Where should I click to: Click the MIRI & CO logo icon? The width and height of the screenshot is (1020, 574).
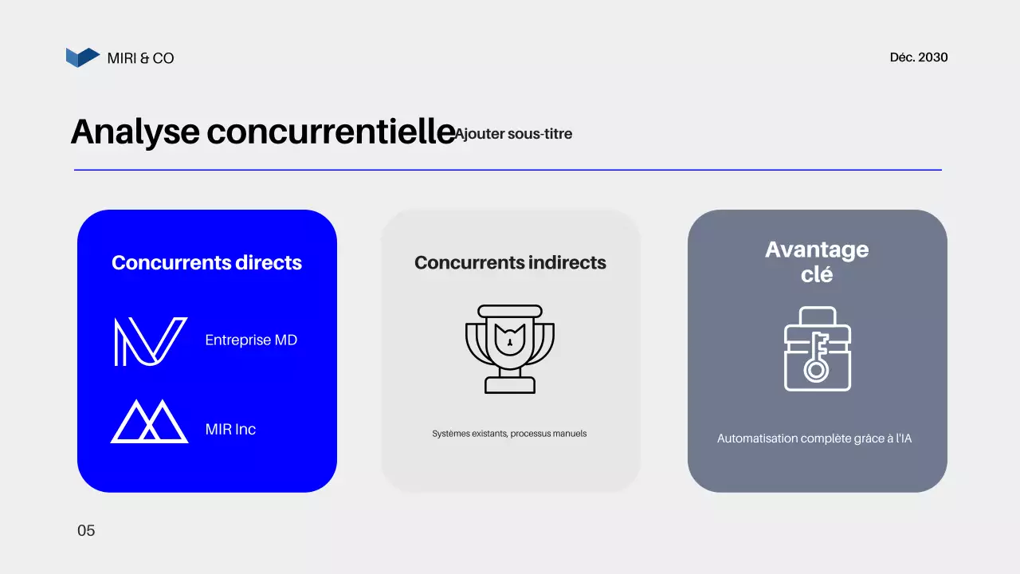[82, 57]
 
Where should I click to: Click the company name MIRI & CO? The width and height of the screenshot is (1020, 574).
[140, 58]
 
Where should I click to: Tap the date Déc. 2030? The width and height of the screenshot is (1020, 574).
[919, 57]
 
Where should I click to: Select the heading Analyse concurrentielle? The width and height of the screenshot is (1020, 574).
[263, 132]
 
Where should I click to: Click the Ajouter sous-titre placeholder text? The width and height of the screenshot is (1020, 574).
[514, 134]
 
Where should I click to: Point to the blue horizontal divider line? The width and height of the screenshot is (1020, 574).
[508, 170]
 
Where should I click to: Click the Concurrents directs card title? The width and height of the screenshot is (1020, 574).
[206, 263]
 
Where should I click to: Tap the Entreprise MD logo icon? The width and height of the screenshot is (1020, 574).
[150, 341]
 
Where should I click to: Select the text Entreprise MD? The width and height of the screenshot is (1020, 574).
[251, 340]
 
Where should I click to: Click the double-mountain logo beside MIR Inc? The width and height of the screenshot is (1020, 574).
[150, 422]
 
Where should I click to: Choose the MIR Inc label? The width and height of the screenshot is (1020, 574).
[230, 430]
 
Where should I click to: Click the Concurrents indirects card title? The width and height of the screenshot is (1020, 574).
[510, 263]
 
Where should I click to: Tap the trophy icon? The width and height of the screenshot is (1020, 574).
[510, 348]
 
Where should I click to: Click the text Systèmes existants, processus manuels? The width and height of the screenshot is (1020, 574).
[509, 434]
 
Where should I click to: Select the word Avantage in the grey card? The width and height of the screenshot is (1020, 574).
[817, 250]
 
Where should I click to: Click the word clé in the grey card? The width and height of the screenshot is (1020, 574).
[817, 274]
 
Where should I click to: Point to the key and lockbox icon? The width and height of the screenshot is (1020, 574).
[817, 349]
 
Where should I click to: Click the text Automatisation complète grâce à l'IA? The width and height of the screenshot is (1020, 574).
[814, 438]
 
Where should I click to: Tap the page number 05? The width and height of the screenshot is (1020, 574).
[86, 531]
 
